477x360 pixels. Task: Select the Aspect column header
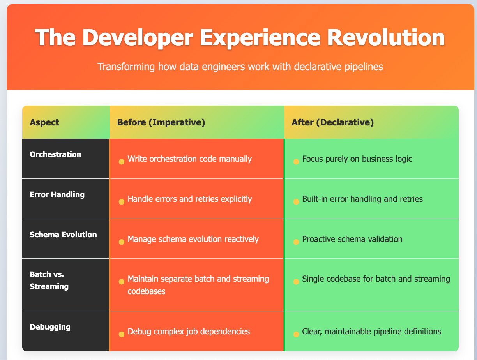coord(44,122)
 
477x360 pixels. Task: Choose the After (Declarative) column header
coord(332,122)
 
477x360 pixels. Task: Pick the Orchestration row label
coord(56,154)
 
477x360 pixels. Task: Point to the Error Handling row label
coord(57,194)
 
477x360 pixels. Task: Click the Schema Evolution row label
coord(63,234)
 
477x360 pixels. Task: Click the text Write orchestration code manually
coord(190,159)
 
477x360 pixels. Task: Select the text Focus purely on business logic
coord(357,159)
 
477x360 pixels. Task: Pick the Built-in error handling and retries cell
coord(362,199)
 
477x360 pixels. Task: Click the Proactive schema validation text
coord(352,239)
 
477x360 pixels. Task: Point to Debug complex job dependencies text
coord(189,332)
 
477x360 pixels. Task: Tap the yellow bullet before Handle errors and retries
coord(121,202)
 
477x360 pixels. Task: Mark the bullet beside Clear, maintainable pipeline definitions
coord(296,334)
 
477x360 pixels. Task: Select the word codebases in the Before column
coord(147,291)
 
